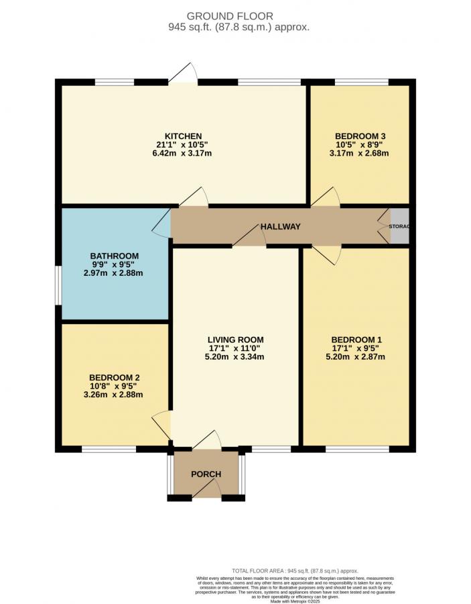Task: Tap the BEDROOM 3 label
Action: click(360, 136)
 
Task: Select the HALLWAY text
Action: click(281, 227)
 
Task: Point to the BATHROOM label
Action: click(115, 256)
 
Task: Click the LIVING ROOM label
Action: click(235, 340)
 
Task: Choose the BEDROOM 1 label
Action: click(356, 340)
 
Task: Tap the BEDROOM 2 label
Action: click(114, 378)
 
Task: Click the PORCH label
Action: click(206, 474)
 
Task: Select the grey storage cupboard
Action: click(400, 227)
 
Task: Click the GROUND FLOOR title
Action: click(239, 16)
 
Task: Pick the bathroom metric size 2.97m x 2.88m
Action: click(114, 273)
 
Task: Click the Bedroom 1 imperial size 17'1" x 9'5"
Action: click(356, 348)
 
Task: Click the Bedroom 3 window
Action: click(360, 83)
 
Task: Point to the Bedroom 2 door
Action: click(161, 425)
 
